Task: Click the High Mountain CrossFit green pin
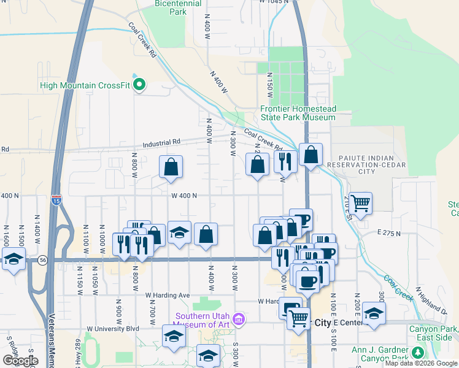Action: coord(139,85)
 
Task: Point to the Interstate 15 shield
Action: coord(56,200)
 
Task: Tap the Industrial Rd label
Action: coord(161,142)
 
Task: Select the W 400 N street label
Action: coord(183,196)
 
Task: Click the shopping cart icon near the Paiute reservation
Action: coord(361,201)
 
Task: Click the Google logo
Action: coord(20,361)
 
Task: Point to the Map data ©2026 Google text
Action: coord(420,363)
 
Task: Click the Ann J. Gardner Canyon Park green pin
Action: coord(418,353)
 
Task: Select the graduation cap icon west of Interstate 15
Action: coord(13,259)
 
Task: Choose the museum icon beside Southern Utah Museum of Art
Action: coord(239,319)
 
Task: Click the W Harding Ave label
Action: coord(168,295)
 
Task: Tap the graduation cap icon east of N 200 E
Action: coord(373,313)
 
